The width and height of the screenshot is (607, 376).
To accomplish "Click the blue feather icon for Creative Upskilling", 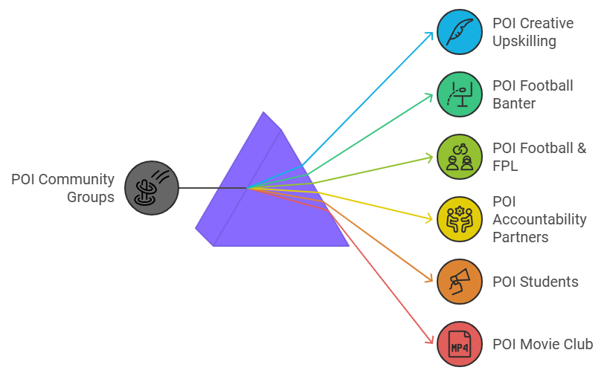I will tap(460, 32).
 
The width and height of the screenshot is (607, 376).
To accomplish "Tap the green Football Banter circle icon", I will tap(460, 94).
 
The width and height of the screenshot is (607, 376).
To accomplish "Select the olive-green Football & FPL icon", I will tap(460, 157).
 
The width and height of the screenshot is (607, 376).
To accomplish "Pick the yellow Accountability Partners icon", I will tap(460, 219).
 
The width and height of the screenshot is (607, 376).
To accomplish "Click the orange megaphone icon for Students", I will tap(460, 282).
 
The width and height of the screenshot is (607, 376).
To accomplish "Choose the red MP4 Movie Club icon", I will tap(460, 344).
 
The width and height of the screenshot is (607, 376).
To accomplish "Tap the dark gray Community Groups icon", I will tap(152, 188).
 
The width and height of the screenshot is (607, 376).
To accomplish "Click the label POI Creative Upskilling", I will tap(533, 32).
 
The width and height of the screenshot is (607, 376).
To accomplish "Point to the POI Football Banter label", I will tap(533, 94).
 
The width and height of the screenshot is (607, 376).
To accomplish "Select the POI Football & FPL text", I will tap(539, 157).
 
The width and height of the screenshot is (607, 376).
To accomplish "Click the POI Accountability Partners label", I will tap(539, 219).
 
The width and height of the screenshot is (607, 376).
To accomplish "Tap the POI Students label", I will tap(535, 282).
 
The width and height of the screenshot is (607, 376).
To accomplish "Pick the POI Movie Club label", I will tap(542, 344).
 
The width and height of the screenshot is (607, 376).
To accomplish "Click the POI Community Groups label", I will tap(63, 188).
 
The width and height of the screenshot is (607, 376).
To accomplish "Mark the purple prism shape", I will tap(283, 208).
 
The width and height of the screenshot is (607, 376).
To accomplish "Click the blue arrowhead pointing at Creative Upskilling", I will tap(430, 34).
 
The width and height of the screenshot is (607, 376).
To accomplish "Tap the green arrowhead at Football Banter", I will tap(429, 95).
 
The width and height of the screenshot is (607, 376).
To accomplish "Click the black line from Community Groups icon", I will tap(212, 188).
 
